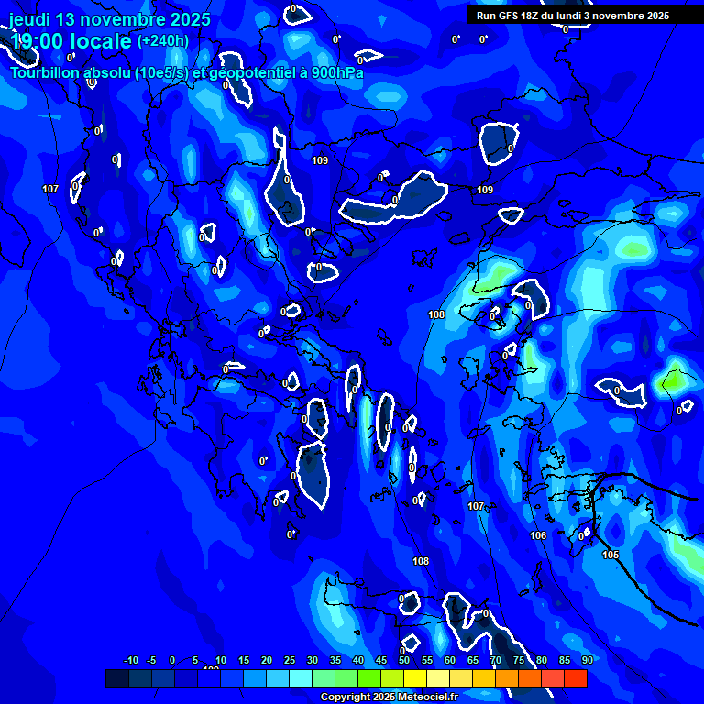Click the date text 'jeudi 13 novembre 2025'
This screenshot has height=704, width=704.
coord(110,19)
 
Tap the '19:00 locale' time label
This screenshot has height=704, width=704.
coord(71,41)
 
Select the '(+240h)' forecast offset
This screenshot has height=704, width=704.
coord(163,41)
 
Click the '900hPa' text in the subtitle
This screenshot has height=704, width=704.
coord(336,73)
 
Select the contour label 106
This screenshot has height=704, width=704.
coord(538,535)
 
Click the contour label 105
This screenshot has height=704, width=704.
coord(610,555)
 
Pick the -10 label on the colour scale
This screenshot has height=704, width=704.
coord(130,660)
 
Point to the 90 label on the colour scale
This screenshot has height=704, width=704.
coord(587,660)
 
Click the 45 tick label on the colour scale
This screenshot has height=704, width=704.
coord(381,660)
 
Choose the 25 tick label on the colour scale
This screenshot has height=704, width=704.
coord(289,660)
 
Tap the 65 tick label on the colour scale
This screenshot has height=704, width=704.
coord(473,660)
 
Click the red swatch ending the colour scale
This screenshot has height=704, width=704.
coord(576,678)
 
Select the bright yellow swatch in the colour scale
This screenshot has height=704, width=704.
coord(415,678)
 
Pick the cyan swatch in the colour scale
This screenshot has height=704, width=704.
coord(301,678)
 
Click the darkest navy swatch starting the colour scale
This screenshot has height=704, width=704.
coord(117,678)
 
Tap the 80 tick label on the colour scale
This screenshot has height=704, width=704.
coord(542,660)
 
